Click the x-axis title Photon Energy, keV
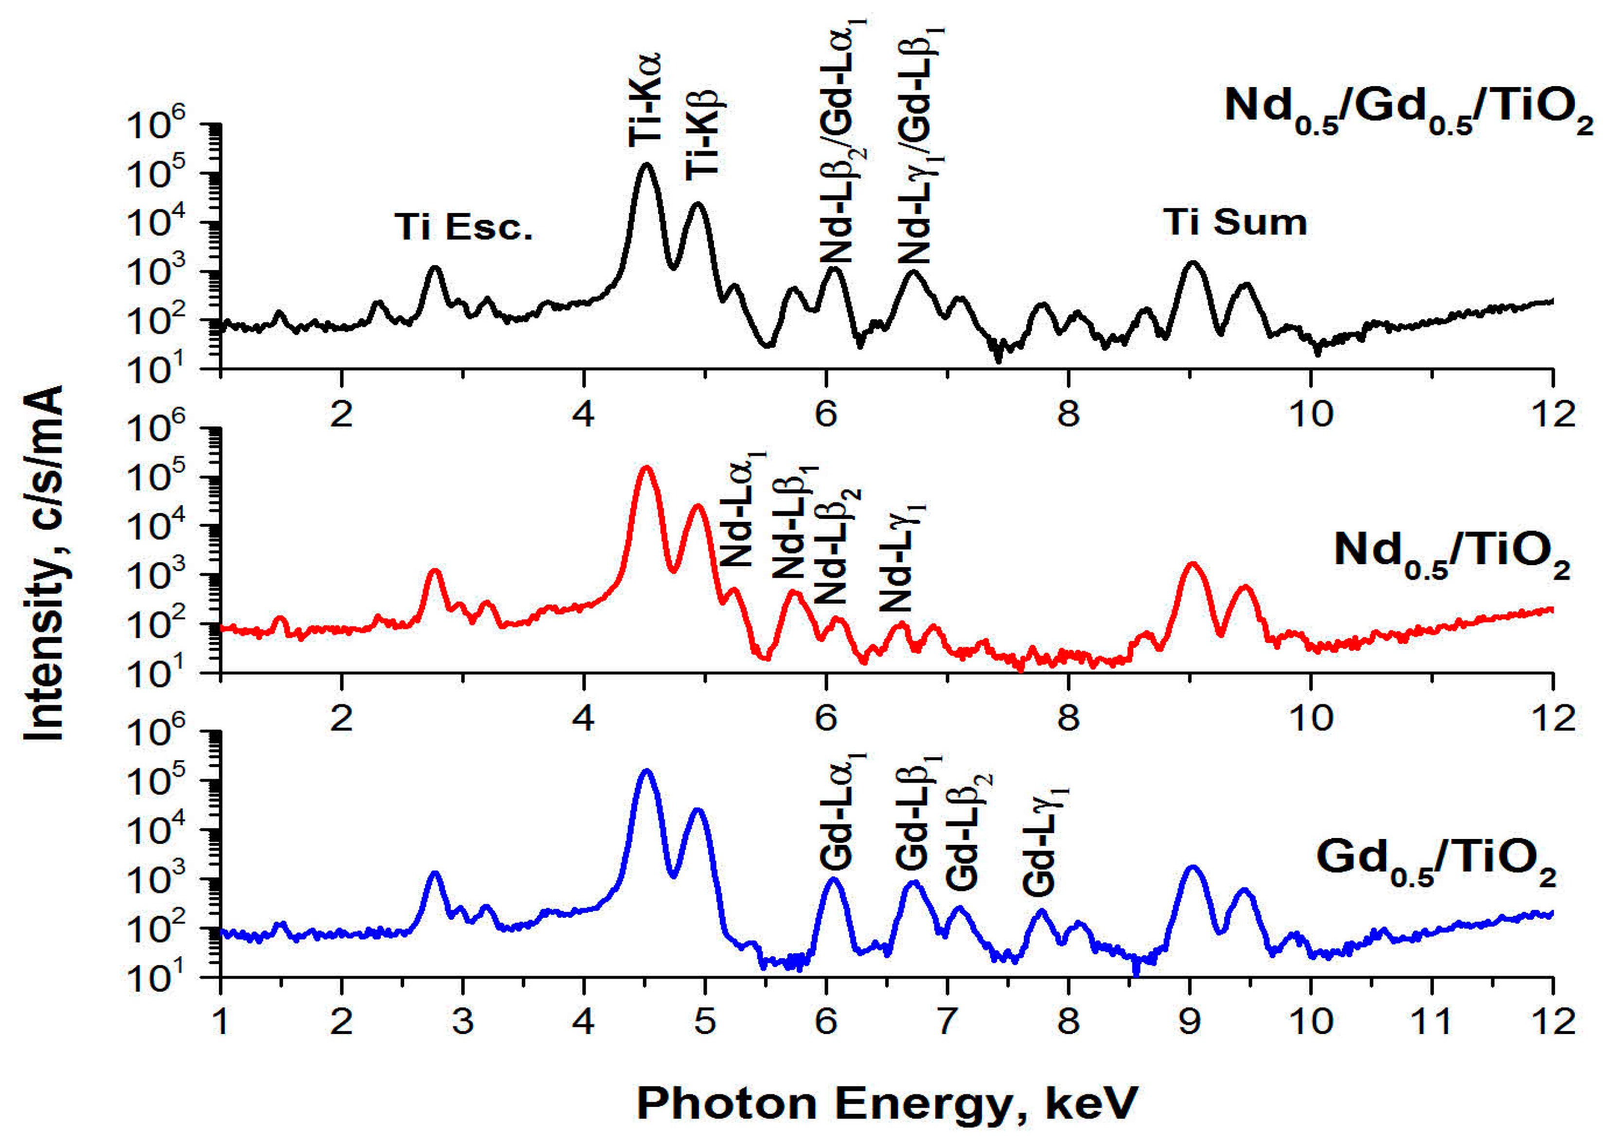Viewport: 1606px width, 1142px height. coord(887,1103)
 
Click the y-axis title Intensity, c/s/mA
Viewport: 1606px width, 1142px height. coord(44,563)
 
